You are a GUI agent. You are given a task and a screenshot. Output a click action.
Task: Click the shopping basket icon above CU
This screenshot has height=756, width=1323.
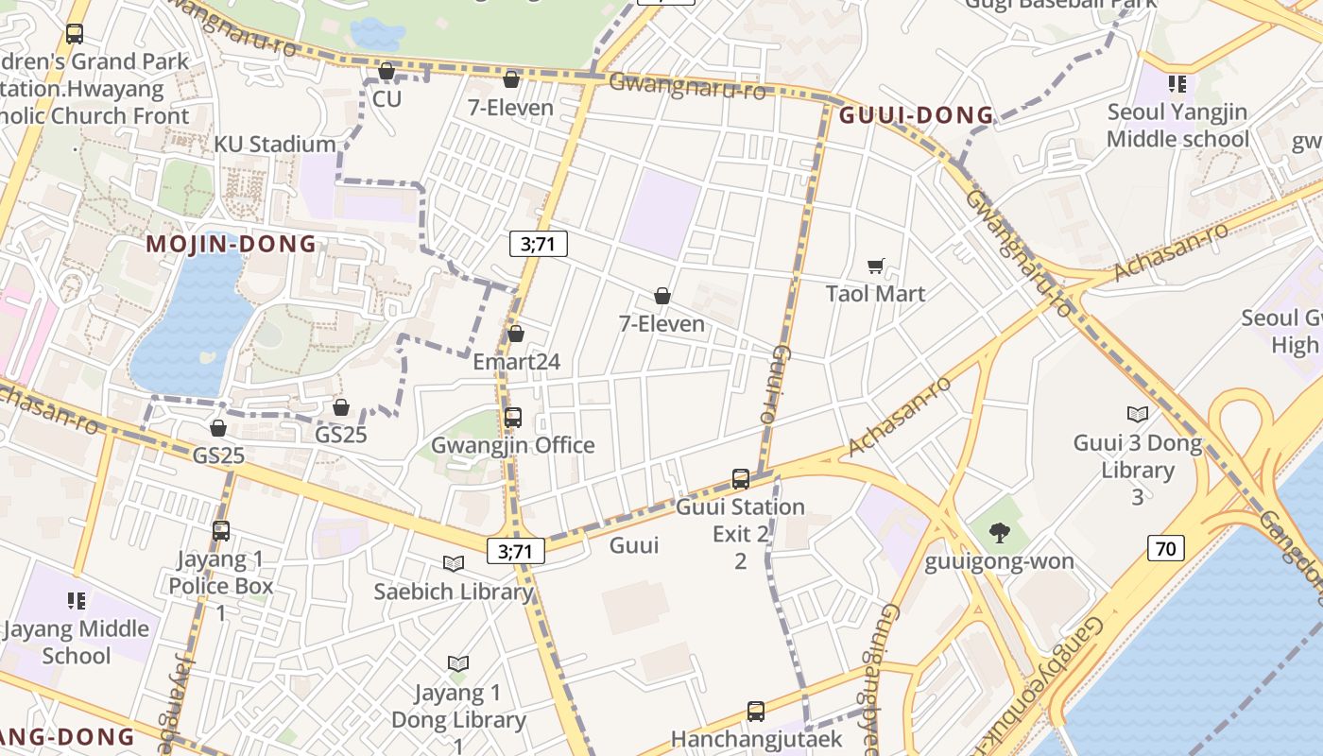(386, 71)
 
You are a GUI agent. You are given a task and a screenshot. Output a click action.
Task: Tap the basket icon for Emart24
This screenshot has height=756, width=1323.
(516, 334)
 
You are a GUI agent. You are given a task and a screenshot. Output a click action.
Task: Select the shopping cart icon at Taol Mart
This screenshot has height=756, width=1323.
(876, 266)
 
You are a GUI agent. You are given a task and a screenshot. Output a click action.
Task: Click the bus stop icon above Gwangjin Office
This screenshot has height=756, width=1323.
(513, 417)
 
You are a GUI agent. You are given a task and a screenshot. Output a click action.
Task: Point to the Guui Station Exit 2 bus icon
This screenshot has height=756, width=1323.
(741, 479)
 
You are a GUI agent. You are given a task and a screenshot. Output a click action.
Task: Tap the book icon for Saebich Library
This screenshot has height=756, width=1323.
(454, 564)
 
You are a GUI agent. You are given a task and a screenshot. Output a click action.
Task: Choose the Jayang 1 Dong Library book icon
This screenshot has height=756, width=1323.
(458, 664)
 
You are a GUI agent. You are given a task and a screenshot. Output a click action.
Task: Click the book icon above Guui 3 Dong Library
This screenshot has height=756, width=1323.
(1138, 414)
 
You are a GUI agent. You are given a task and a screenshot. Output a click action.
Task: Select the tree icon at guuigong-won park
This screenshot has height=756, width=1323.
(999, 533)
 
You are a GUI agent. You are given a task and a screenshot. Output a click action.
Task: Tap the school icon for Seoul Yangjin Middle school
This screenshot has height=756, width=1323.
(1177, 84)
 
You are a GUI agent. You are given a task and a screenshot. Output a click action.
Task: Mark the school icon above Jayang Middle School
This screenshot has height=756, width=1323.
(77, 600)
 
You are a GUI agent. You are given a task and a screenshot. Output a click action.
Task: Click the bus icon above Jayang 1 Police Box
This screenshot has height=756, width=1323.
(221, 530)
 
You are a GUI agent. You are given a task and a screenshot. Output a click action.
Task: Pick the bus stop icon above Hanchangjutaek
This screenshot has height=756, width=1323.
(756, 711)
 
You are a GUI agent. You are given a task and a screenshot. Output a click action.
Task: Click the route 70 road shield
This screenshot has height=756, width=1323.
(1167, 547)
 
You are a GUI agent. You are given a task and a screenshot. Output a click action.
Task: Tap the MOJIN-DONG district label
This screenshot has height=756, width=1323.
(232, 244)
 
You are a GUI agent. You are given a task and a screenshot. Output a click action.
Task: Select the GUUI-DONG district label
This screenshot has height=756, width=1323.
(917, 115)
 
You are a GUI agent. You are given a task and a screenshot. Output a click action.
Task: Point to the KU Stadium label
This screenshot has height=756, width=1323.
(275, 144)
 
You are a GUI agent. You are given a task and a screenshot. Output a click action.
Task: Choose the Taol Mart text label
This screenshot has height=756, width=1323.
(876, 293)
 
